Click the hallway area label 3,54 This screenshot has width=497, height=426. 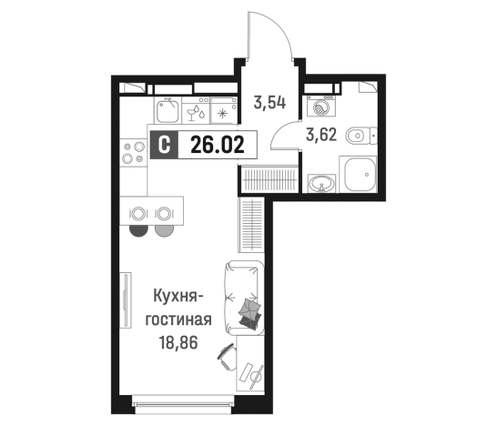point(270,102)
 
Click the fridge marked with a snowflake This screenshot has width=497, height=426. point(224,112)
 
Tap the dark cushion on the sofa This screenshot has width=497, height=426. point(248,315)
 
